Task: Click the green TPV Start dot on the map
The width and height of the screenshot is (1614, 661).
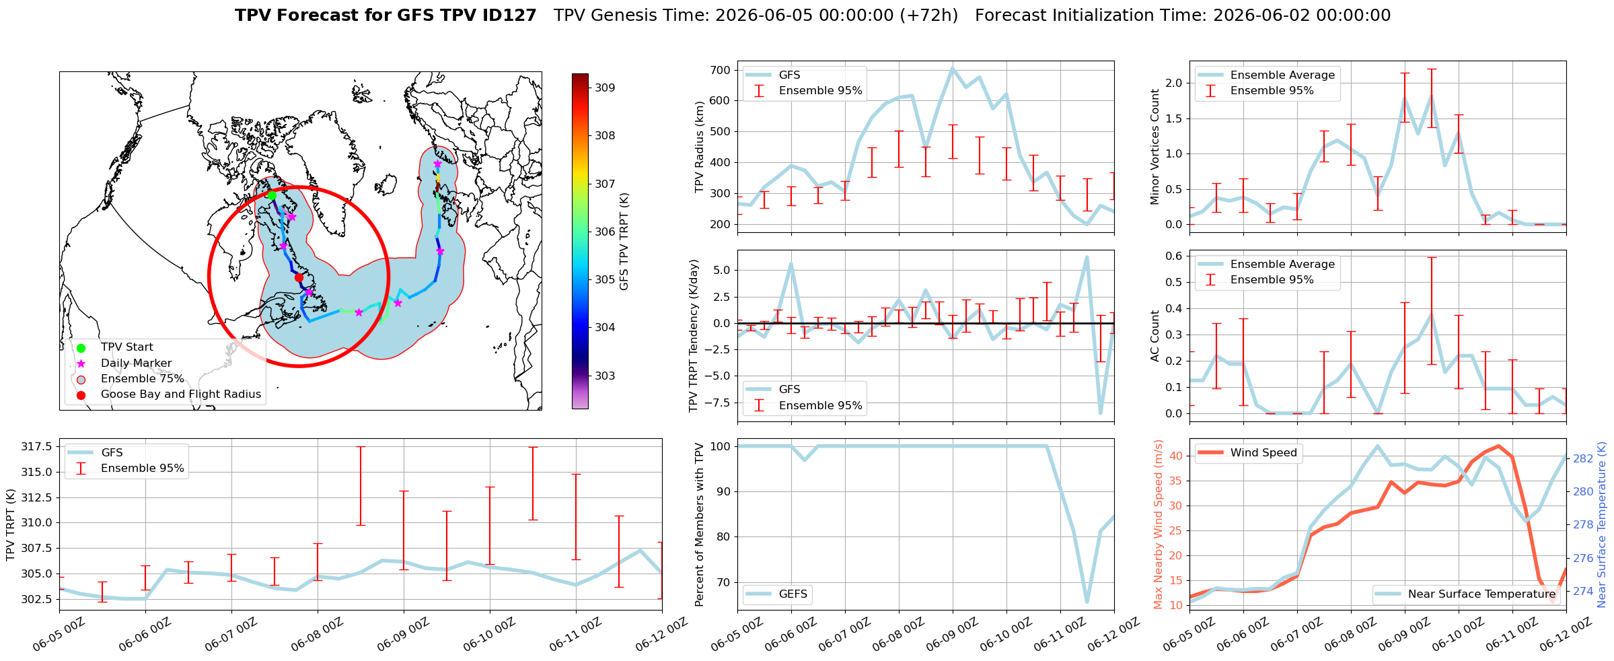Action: point(272,195)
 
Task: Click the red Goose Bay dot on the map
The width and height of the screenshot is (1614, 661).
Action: point(299,277)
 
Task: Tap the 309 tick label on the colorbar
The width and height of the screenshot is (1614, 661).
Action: point(605,88)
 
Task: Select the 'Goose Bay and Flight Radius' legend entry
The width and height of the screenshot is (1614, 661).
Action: point(181,394)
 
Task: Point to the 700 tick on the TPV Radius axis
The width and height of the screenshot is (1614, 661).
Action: point(720,70)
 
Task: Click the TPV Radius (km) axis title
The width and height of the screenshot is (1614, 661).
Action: point(700,147)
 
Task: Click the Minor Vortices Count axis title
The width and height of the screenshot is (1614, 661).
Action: point(1155,147)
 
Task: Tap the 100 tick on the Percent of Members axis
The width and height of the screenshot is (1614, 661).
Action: point(721,446)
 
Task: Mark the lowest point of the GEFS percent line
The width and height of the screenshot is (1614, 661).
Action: point(1087,602)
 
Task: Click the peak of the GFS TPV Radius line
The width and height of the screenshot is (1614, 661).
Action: point(953,68)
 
